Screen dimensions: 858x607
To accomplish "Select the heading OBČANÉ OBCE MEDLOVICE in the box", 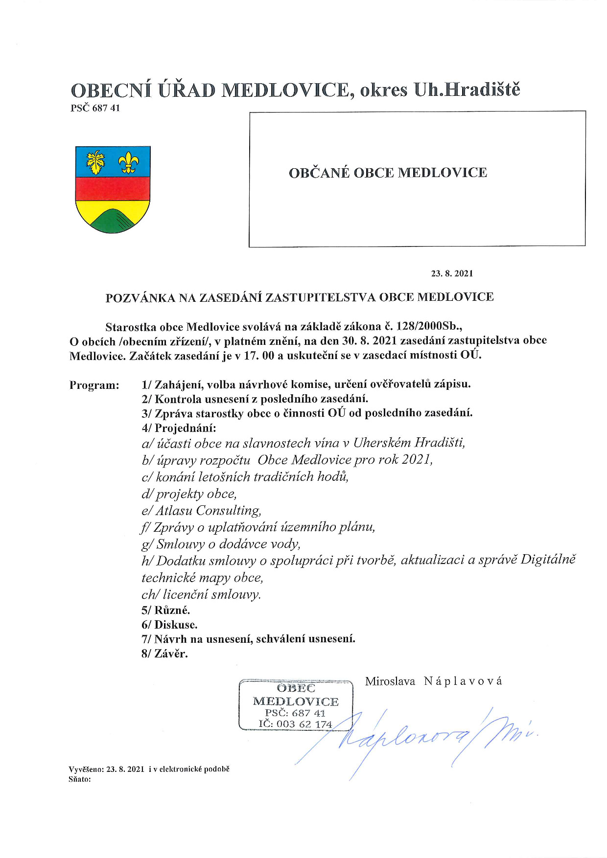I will (x=388, y=173).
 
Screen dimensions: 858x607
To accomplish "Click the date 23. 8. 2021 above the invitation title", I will (x=452, y=273).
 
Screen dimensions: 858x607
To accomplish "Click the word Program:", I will (x=94, y=385).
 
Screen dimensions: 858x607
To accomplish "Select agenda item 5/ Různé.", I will (x=165, y=610).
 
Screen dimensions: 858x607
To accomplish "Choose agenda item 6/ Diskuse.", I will (x=169, y=625).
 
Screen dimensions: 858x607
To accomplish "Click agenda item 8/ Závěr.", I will (x=164, y=654).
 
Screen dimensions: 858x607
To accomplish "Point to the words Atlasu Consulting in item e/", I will (x=208, y=511).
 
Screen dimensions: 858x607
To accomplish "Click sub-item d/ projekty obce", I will (x=189, y=494).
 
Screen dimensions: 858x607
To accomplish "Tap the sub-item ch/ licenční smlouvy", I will (x=201, y=594).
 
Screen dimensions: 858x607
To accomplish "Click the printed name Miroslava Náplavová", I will (x=433, y=681).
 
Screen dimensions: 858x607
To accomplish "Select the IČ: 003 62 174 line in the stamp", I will (x=295, y=724).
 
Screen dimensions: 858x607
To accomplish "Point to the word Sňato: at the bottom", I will (x=80, y=779).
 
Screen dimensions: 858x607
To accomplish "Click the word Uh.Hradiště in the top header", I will (x=467, y=90).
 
